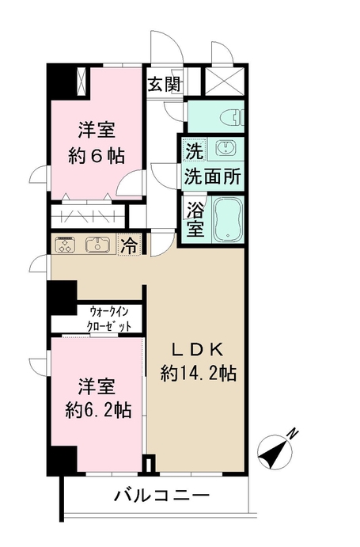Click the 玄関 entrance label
click(x=164, y=85)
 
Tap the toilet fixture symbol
click(x=237, y=116)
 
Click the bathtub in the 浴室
click(x=228, y=220)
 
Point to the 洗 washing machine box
click(x=194, y=150)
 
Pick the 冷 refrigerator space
click(x=129, y=245)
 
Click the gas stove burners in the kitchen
click(x=66, y=244)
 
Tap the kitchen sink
click(x=98, y=244)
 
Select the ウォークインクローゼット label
click(x=109, y=318)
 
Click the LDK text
click(x=198, y=350)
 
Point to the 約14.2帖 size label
click(x=199, y=374)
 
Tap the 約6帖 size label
click(x=97, y=156)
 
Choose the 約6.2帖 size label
click(x=98, y=410)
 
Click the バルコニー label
click(x=162, y=496)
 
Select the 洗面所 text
click(x=213, y=176)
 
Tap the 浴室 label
click(x=195, y=220)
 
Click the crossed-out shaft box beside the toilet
click(x=224, y=81)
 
